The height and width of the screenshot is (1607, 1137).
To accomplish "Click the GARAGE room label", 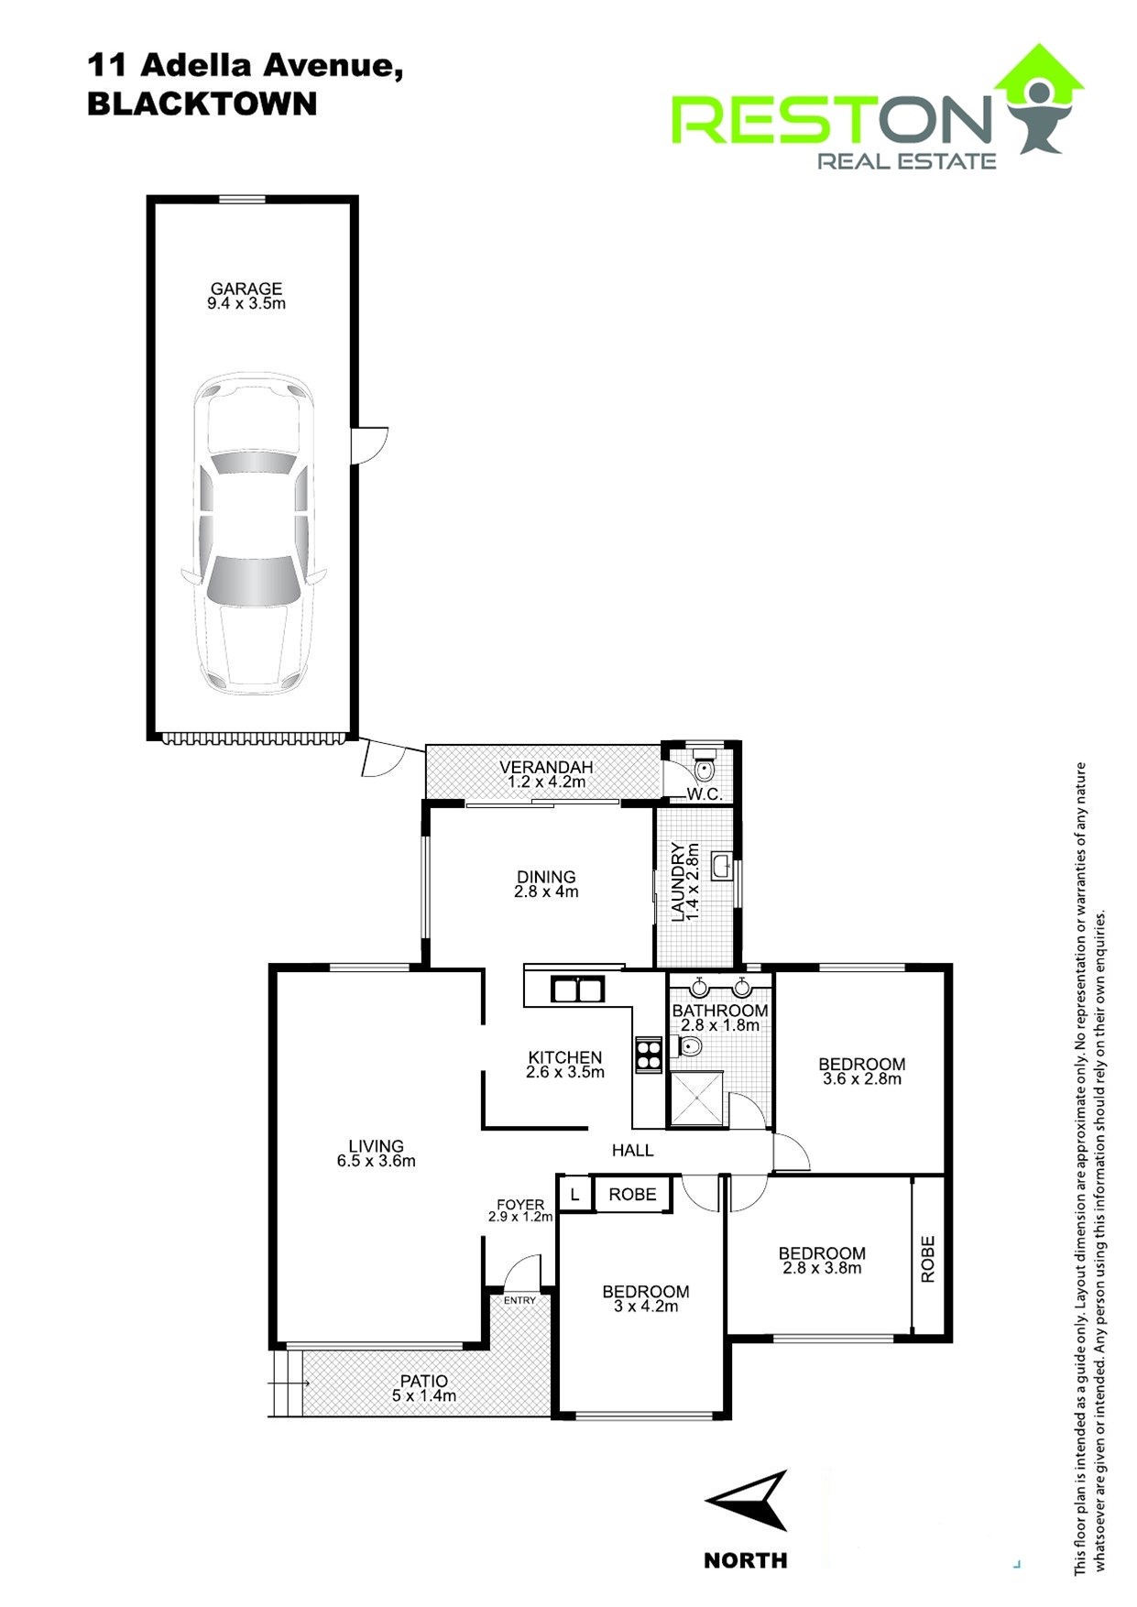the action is [x=246, y=289].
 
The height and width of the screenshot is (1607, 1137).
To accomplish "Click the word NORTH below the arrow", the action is [x=745, y=1560].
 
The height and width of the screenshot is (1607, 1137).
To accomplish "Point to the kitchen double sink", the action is [x=577, y=989].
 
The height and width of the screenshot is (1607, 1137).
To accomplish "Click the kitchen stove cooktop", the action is [x=649, y=1054].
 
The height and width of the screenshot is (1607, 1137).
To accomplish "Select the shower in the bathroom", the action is [x=697, y=1098].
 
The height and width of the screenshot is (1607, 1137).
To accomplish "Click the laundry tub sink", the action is [x=722, y=866].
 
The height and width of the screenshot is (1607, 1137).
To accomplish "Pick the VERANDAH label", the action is [x=546, y=767].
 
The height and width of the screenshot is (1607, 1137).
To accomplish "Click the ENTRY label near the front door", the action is [x=519, y=1300].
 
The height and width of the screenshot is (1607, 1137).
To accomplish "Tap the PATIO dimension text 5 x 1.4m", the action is [x=423, y=1396].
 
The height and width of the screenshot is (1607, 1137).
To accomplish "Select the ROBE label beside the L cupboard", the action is [x=632, y=1194].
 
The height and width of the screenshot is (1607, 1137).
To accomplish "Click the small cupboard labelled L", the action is [x=574, y=1195].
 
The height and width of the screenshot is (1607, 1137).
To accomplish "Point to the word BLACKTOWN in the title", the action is [x=202, y=104].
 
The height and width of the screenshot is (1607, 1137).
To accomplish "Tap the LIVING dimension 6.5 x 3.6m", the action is [x=376, y=1161].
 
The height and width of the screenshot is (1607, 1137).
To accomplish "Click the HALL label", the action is [x=632, y=1150].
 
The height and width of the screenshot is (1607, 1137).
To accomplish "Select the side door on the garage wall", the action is [x=370, y=444].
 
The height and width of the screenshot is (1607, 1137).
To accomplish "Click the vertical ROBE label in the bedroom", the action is [x=928, y=1259].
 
